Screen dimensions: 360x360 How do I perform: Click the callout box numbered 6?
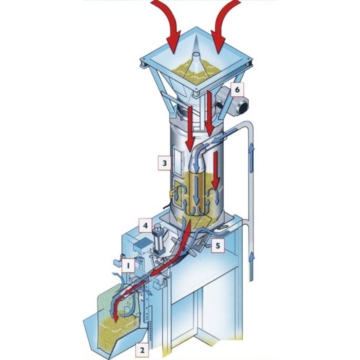point(237,90)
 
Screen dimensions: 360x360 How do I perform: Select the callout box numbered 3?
point(165,163)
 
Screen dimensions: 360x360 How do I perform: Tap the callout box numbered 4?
point(146,225)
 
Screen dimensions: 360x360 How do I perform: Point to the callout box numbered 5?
point(217,246)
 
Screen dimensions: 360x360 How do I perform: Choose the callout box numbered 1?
point(128,266)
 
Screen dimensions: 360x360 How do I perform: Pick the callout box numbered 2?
point(142,350)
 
